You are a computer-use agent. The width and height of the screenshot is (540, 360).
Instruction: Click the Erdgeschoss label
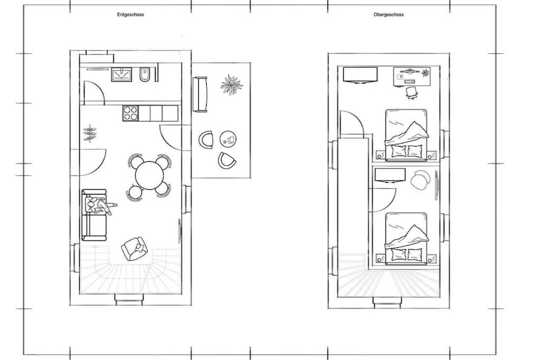pyautogui.click(x=130, y=14)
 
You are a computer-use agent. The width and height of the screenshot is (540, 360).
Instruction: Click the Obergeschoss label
pyautogui.click(x=389, y=14)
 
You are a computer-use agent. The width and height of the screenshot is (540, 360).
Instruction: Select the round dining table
pyautogui.click(x=149, y=175)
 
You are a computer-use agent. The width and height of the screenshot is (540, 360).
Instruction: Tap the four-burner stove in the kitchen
pyautogui.click(x=131, y=113)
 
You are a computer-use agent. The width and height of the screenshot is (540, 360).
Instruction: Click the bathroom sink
pyautogui.click(x=122, y=74)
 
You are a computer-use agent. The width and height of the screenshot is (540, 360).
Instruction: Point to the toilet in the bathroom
pyautogui.click(x=144, y=75)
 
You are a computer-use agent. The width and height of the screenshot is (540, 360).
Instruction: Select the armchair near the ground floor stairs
pyautogui.click(x=136, y=248)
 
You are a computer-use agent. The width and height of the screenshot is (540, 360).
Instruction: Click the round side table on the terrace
pyautogui.click(x=228, y=139)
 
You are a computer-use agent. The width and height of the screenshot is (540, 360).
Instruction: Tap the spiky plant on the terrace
pyautogui.click(x=232, y=84)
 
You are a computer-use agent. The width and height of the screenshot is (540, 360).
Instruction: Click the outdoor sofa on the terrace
pyautogui.click(x=200, y=94)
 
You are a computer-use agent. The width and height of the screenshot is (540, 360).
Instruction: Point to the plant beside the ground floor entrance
pyautogui.click(x=90, y=133)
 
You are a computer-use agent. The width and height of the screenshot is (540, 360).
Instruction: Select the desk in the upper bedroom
pyautogui.click(x=412, y=76)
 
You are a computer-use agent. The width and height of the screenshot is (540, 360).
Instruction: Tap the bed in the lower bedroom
pyautogui.click(x=407, y=238)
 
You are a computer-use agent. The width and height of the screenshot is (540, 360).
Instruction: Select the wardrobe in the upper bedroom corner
pyautogui.click(x=360, y=75)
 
